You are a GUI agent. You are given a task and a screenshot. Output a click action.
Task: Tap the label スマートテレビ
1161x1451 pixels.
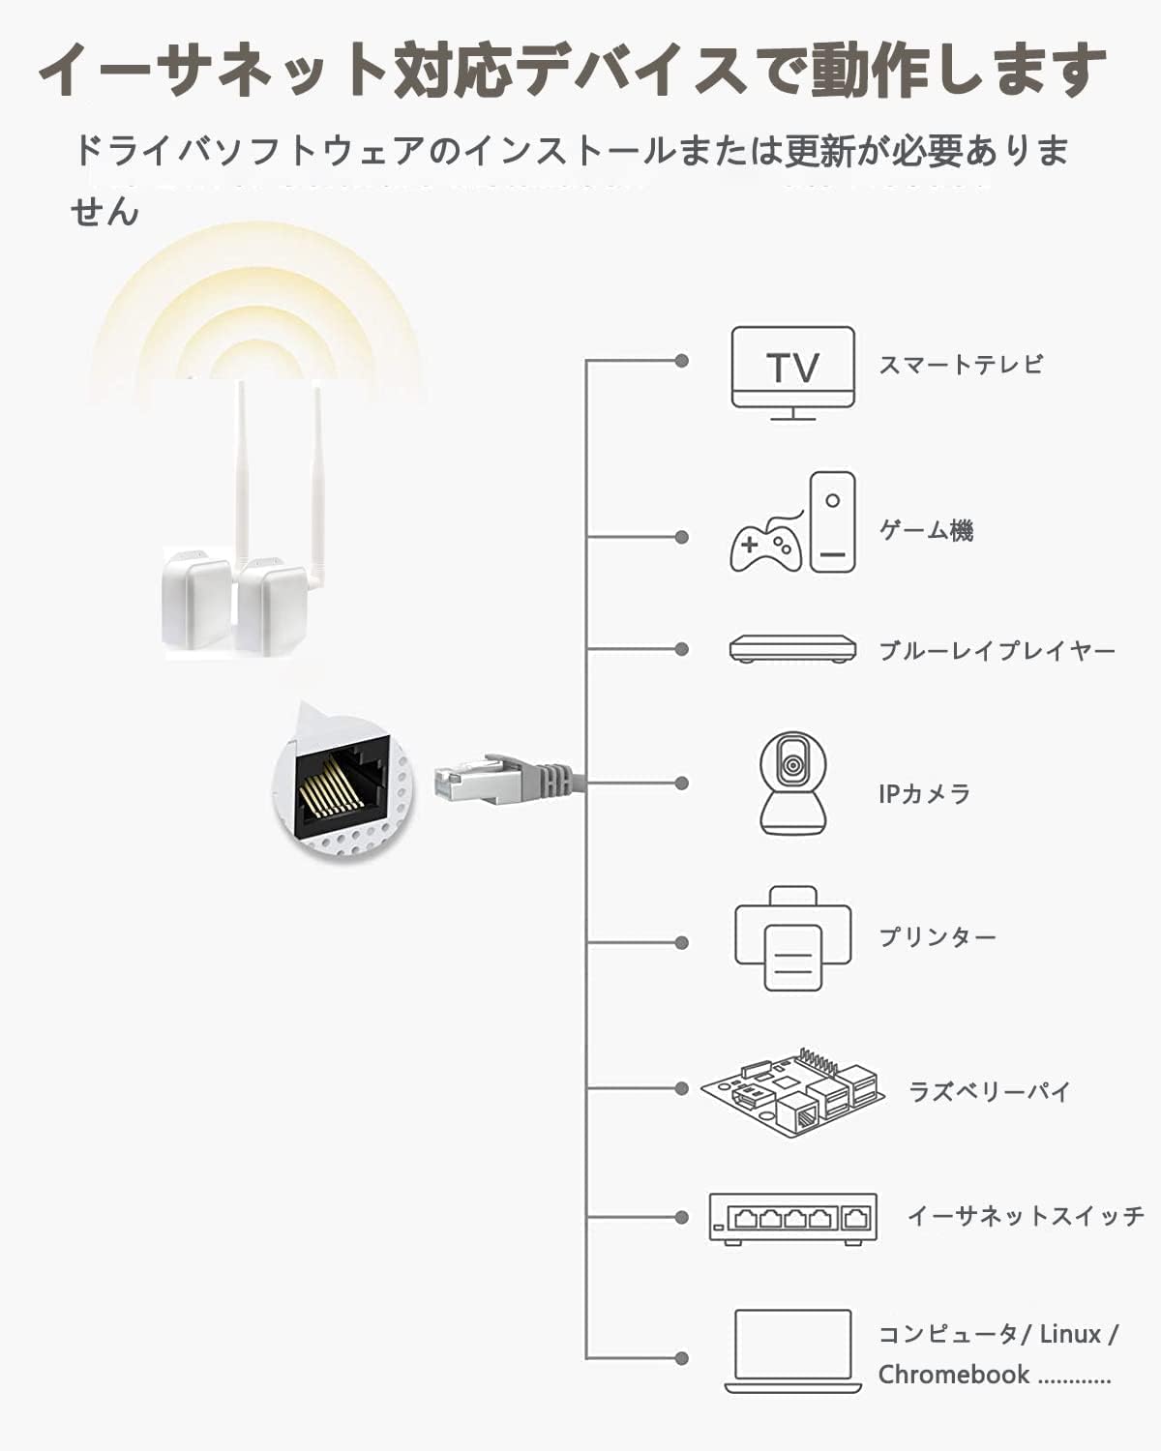click(961, 365)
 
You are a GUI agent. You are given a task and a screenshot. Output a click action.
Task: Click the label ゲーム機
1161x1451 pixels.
click(926, 530)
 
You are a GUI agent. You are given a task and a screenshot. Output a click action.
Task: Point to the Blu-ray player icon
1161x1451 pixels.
click(792, 648)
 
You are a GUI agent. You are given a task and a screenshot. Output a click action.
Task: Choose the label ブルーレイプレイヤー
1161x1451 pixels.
click(997, 650)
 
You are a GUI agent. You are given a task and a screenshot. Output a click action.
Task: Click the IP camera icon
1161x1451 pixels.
click(793, 783)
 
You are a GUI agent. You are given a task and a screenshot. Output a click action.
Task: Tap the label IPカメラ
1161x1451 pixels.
click(924, 794)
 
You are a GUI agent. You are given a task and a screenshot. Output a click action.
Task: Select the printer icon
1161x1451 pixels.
click(792, 938)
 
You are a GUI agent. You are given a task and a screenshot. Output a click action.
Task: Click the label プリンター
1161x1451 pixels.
click(937, 936)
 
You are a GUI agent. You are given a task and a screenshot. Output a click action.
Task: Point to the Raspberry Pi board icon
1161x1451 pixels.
click(793, 1090)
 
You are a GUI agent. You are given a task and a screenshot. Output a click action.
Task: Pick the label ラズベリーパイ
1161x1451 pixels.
click(989, 1092)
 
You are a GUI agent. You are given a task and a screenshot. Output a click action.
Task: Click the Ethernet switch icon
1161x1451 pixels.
click(792, 1217)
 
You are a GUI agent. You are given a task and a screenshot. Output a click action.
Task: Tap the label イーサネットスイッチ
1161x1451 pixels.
click(1025, 1215)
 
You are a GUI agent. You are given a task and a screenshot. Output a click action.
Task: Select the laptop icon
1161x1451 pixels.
click(792, 1351)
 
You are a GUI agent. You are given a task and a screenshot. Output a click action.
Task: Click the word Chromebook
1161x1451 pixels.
click(953, 1375)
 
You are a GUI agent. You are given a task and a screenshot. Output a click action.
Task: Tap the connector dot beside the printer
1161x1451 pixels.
click(682, 942)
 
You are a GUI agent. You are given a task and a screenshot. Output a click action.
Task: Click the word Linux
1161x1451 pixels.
click(1070, 1334)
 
